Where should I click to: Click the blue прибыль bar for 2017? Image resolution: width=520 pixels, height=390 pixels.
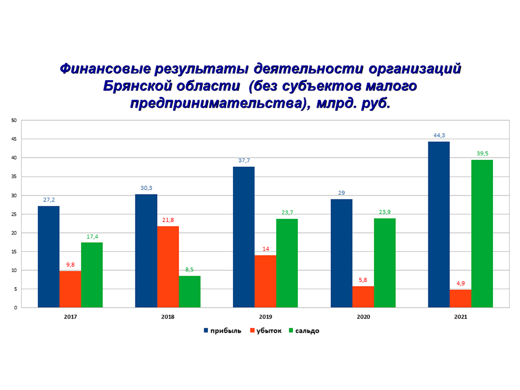(49, 257)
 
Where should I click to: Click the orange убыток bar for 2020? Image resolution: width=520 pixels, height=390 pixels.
(363, 297)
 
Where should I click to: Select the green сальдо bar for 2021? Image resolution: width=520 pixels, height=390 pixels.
(482, 233)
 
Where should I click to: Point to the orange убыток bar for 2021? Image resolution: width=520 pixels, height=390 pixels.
(460, 298)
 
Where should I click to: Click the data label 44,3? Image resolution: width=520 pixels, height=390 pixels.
(439, 135)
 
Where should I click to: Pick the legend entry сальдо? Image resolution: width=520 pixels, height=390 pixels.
(306, 330)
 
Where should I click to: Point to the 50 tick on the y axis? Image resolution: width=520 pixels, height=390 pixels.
(14, 120)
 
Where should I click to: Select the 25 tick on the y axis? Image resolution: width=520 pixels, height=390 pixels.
(14, 214)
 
